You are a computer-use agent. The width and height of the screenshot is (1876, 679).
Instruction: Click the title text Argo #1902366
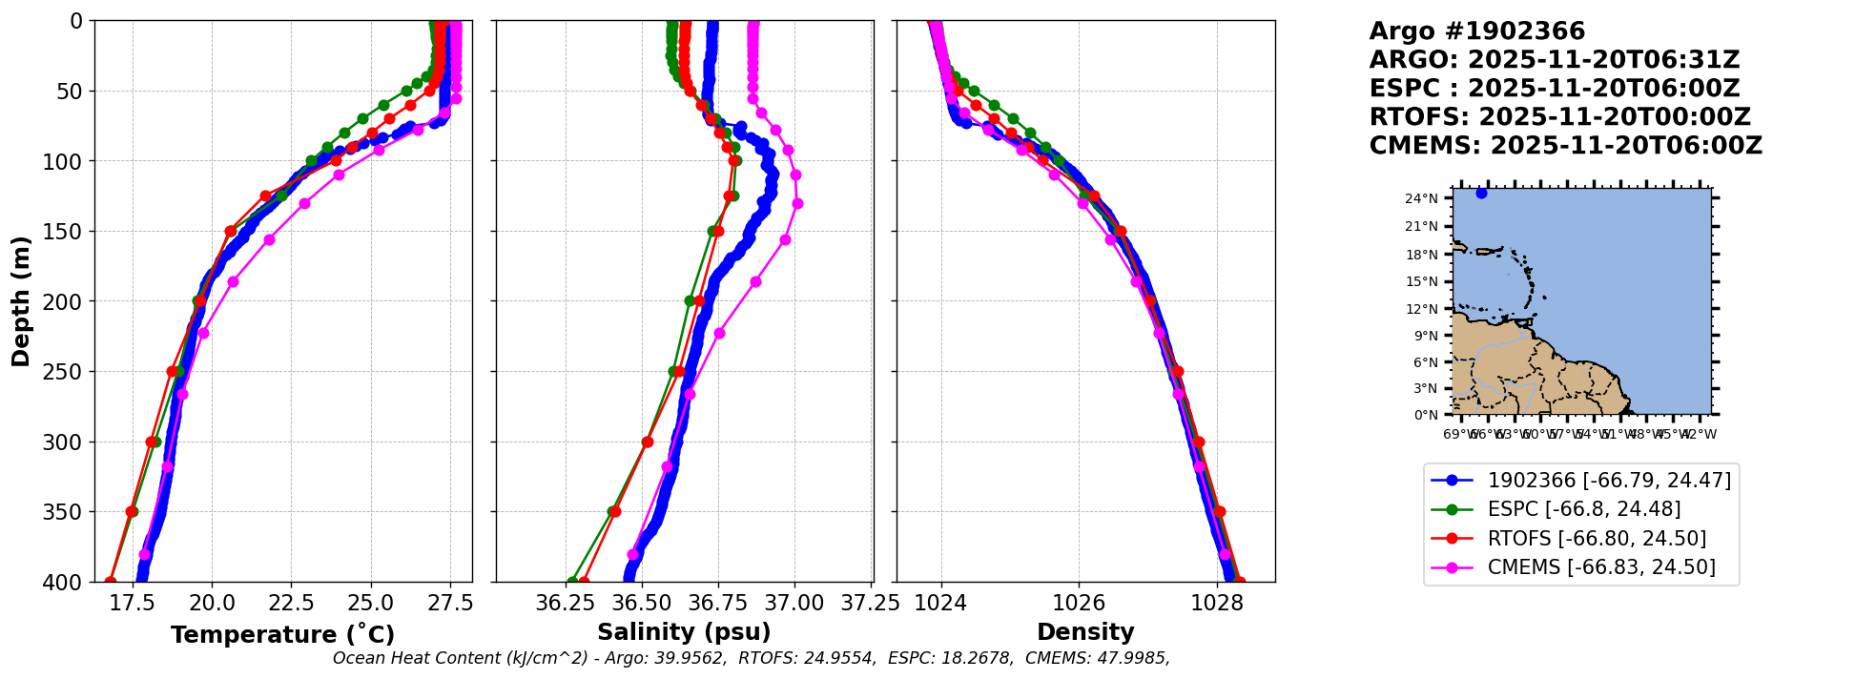(1476, 31)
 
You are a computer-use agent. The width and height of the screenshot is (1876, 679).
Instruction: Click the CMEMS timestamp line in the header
(1565, 146)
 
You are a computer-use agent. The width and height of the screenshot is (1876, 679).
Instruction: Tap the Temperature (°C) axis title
(282, 635)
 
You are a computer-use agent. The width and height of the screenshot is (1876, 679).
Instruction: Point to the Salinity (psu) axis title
(684, 632)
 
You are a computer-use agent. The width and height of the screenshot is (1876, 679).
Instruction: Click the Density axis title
(1085, 632)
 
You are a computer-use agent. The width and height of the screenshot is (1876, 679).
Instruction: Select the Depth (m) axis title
(21, 301)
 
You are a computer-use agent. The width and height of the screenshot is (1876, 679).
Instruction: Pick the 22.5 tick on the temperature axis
(291, 604)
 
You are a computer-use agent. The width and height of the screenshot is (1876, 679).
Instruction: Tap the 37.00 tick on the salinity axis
(794, 604)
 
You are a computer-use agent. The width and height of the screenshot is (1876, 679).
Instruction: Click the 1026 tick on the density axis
(1079, 604)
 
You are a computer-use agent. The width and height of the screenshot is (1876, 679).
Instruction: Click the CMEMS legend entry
(1600, 567)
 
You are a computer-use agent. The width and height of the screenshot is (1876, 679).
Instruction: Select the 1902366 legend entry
(1608, 481)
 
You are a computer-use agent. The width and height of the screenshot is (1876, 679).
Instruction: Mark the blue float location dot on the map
(1481, 193)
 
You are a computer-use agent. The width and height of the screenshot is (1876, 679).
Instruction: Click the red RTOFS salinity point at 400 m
(584, 581)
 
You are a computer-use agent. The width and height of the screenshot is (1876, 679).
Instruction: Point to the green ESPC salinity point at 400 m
(572, 581)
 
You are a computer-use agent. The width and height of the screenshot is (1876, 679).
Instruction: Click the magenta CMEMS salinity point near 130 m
(797, 203)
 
